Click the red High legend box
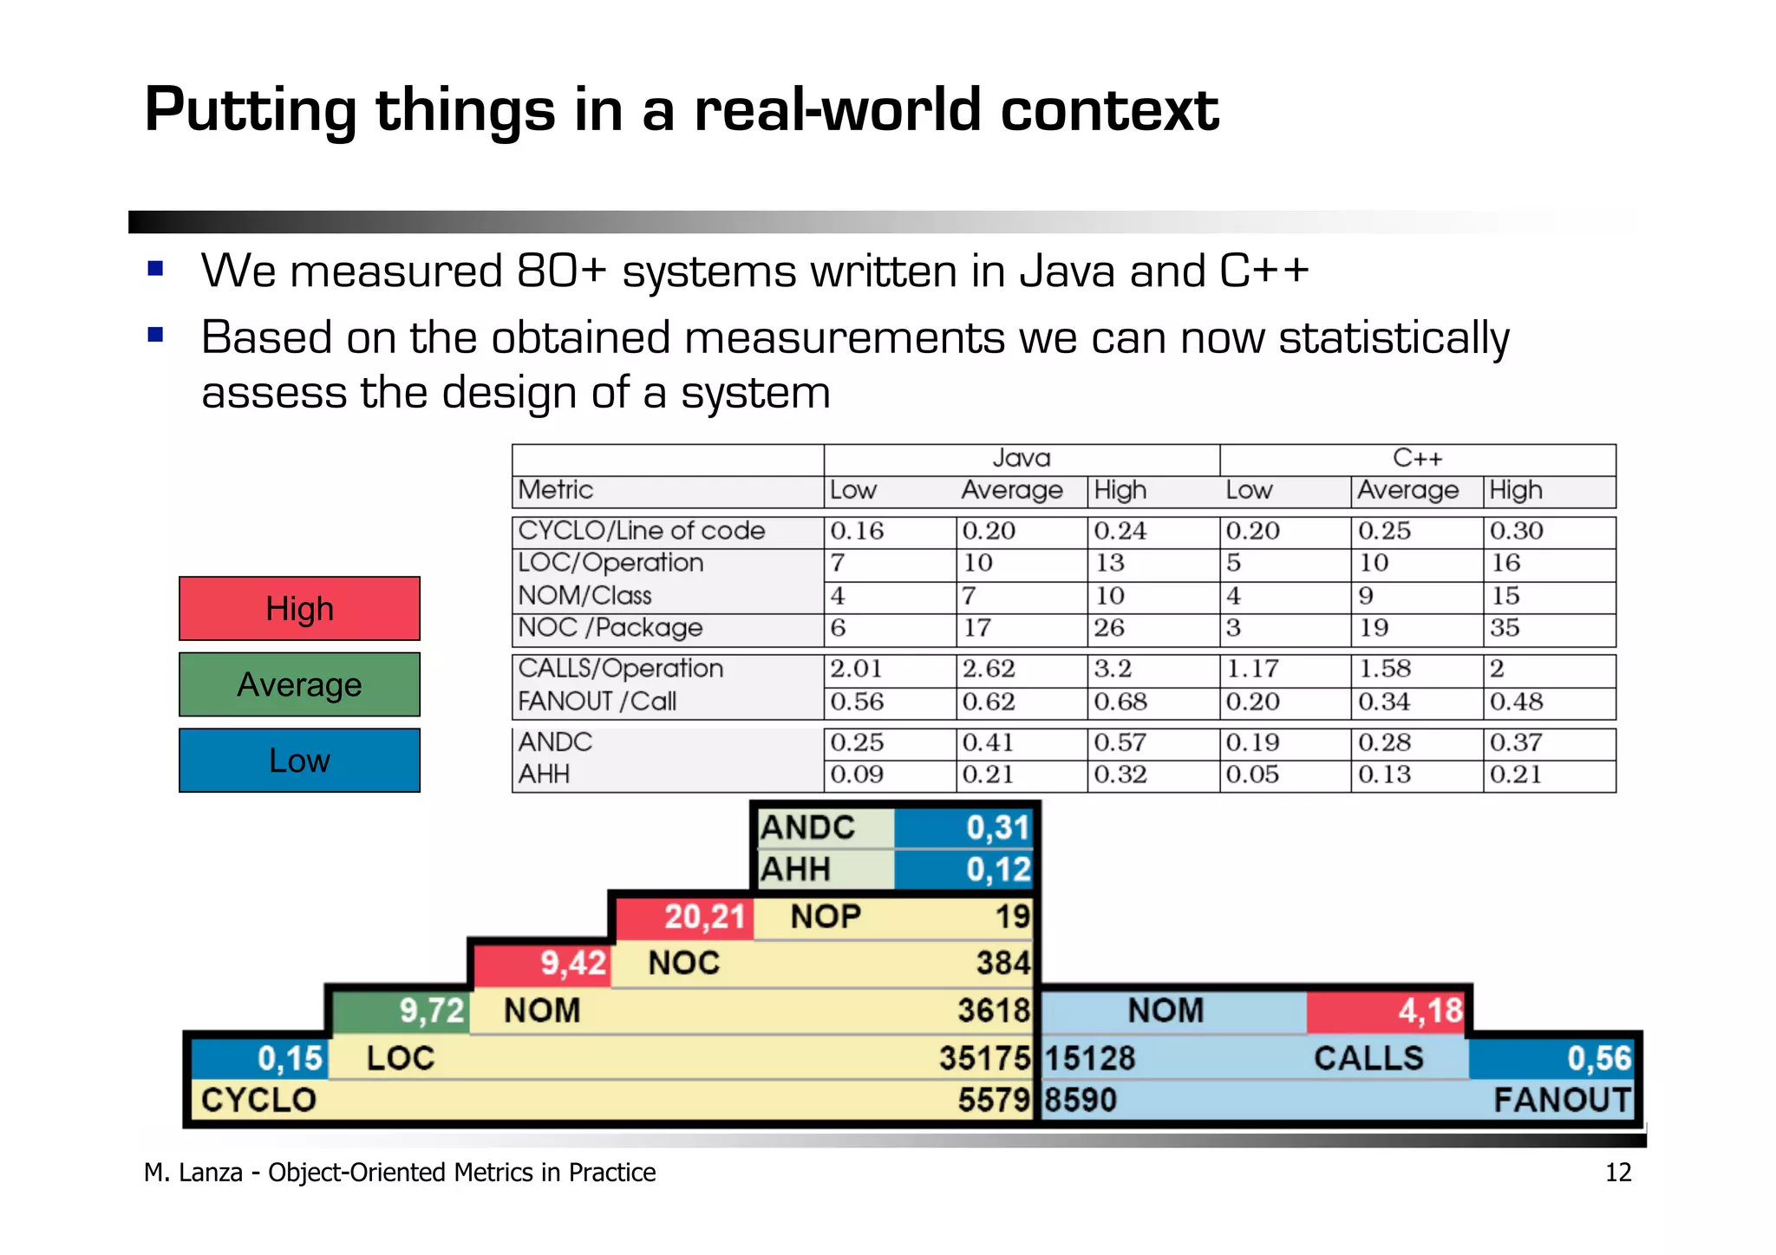299,609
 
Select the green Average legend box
299,684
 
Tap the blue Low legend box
299,760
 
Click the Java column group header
1021,458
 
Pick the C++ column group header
1417,458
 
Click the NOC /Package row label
610,628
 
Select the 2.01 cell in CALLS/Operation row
856,669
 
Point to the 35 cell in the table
1505,628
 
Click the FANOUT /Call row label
597,701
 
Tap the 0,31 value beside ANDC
997,827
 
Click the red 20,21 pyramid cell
704,917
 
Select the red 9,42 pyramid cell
573,964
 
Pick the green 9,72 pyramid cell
431,1010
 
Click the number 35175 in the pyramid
984,1058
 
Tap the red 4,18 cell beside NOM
1429,1010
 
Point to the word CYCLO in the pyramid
258,1101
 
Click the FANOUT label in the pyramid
1562,1101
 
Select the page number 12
1617,1173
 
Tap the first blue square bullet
156,268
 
